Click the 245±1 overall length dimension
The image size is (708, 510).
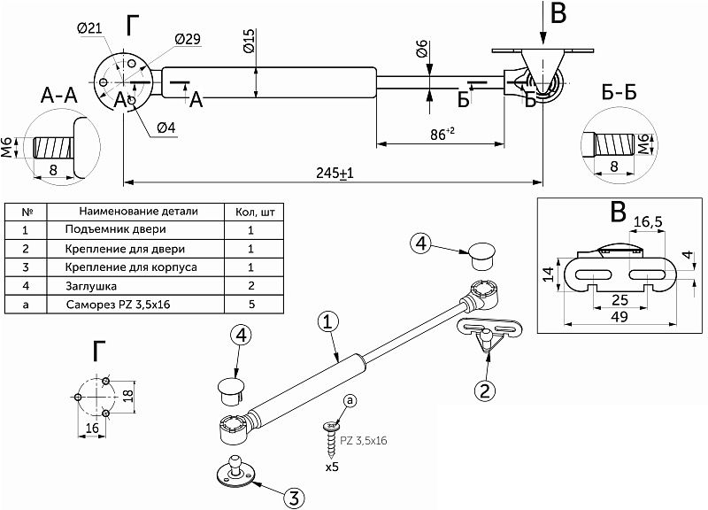tap(334, 174)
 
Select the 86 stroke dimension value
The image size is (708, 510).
tap(442, 134)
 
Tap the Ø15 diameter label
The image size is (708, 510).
tap(249, 40)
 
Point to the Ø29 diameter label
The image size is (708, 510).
tap(188, 40)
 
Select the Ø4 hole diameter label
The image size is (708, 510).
tap(165, 128)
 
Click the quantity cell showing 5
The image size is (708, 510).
tap(251, 305)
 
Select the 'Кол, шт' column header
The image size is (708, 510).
tap(253, 212)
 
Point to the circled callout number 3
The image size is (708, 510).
tap(296, 497)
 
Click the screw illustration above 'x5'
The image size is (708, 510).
tap(332, 434)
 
